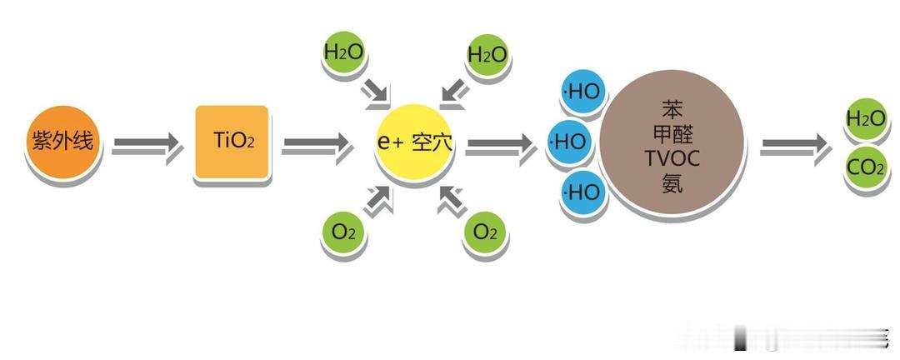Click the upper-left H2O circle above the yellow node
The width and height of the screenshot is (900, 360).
(x=343, y=52)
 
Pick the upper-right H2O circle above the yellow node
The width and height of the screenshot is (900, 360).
(x=487, y=55)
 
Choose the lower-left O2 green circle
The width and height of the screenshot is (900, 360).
(x=343, y=232)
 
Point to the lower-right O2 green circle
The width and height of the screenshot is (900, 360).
(x=485, y=232)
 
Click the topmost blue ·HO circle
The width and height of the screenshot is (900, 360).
(x=582, y=92)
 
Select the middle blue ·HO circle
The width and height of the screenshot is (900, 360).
(x=569, y=142)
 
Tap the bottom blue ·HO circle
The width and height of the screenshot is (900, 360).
(x=582, y=192)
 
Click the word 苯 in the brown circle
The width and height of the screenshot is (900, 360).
(x=672, y=109)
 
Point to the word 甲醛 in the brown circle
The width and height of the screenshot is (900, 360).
(x=672, y=133)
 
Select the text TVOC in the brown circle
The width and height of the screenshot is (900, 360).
(x=672, y=158)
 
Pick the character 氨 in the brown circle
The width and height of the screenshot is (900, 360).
(x=672, y=182)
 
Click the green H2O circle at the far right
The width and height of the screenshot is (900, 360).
(x=865, y=119)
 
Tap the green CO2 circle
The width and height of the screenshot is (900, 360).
(x=865, y=168)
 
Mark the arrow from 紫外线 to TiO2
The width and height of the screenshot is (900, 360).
(x=147, y=146)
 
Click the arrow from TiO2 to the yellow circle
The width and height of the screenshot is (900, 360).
(x=317, y=146)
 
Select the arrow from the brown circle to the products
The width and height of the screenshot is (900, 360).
(x=795, y=146)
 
